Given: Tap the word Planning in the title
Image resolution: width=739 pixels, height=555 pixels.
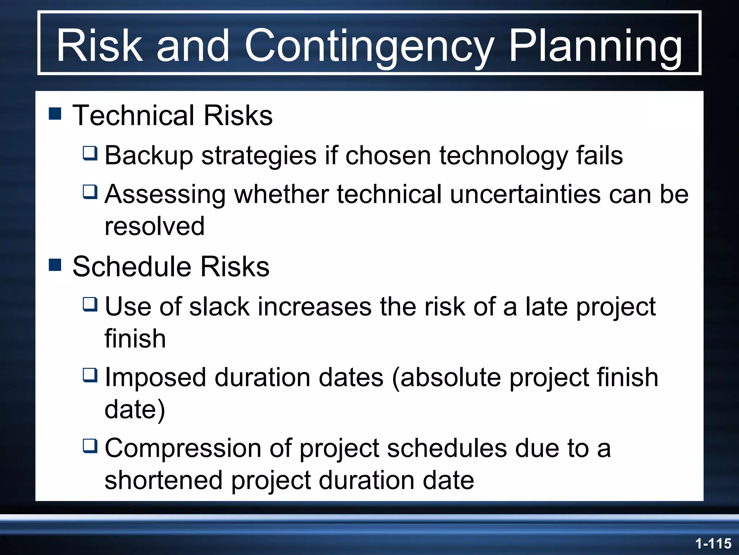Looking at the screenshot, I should click(x=595, y=46).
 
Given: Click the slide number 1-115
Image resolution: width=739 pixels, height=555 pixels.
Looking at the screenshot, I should click(x=713, y=543).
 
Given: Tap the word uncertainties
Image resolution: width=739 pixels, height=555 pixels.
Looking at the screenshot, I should click(x=525, y=194).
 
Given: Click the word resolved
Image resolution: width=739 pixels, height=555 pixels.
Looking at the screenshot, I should click(x=154, y=226).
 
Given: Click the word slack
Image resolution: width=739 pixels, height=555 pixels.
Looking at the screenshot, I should click(x=219, y=307).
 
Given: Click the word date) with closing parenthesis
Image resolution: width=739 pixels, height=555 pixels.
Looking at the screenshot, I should click(x=135, y=410).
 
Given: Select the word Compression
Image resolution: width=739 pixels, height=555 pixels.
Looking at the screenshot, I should click(x=183, y=448).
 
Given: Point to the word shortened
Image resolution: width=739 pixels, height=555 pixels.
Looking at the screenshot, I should click(x=163, y=481).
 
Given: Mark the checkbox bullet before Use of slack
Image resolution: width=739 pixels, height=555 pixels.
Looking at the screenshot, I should click(x=90, y=304).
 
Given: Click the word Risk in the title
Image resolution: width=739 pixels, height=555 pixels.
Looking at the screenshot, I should click(x=100, y=46).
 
